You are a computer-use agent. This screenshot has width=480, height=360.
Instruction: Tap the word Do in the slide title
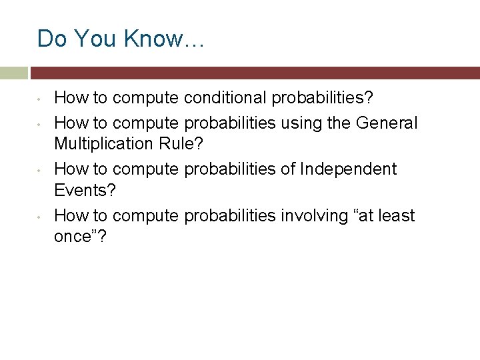(51, 39)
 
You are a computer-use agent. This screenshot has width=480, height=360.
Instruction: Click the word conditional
(223, 99)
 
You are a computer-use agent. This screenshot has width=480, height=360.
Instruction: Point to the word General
(387, 123)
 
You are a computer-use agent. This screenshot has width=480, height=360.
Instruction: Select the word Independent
(348, 169)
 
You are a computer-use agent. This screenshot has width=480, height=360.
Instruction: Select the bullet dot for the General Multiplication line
(41, 124)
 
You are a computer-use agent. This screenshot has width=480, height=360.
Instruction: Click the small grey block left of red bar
(13, 73)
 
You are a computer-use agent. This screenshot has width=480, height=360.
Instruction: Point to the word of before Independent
(287, 169)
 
